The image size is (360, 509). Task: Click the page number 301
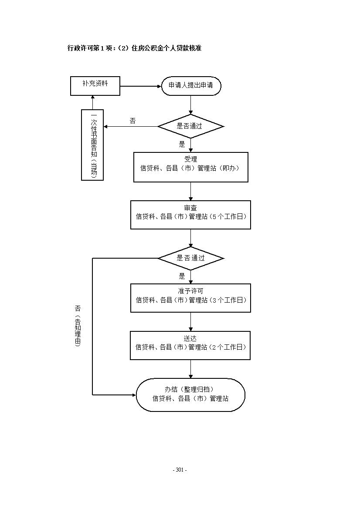click(x=180, y=470)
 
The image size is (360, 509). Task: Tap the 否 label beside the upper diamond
click(x=132, y=121)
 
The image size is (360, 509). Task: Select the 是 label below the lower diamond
click(x=182, y=276)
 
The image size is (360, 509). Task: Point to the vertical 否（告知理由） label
click(x=78, y=326)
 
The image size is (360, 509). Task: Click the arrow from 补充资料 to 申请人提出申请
click(x=141, y=86)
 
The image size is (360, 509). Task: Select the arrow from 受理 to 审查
click(x=191, y=191)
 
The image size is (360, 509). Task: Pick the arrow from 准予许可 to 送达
click(x=191, y=322)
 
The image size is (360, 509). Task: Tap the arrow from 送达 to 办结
click(x=191, y=369)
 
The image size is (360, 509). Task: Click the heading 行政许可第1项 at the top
click(x=89, y=48)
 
